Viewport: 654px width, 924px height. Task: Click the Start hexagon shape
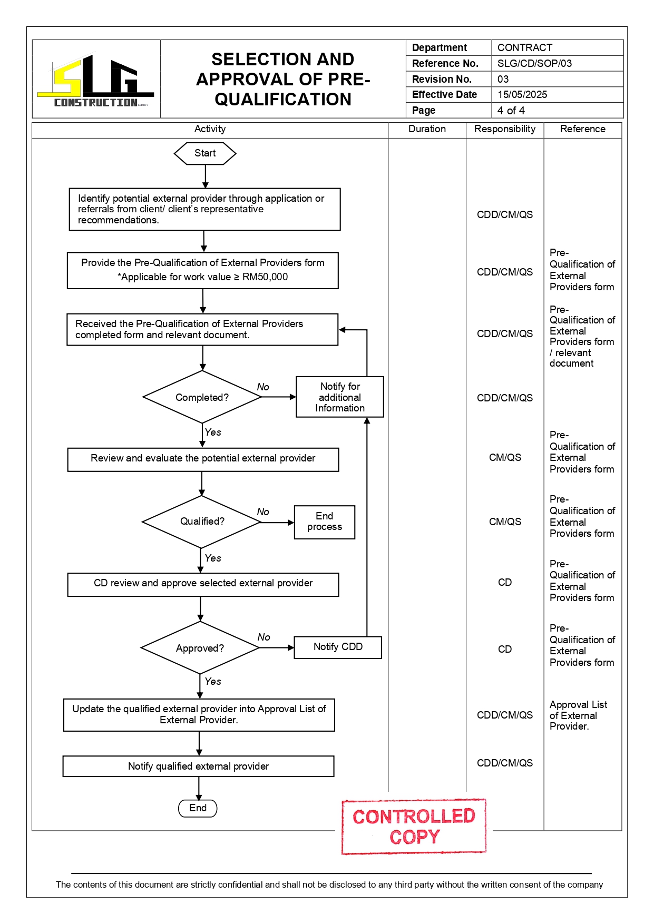coord(204,153)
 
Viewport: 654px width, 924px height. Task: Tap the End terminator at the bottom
coord(198,808)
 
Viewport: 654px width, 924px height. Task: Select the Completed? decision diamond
coord(202,397)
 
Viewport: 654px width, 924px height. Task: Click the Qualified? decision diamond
coord(202,522)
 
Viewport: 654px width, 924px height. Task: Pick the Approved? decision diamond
coord(200,648)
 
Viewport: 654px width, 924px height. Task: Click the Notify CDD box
coord(338,647)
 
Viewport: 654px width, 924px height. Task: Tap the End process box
coord(325,522)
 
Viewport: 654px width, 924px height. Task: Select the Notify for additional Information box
coord(340,397)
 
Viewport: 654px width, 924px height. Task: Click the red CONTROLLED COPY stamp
coord(414,826)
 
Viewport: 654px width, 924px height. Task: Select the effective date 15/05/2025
coord(522,94)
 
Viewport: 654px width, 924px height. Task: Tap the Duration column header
coord(427,129)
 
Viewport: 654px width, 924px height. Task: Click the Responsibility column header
coord(505,129)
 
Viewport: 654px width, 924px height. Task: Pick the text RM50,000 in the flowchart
coord(265,277)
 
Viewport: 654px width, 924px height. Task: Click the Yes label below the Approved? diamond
coord(213,681)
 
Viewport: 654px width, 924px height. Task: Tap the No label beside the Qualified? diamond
coord(263,512)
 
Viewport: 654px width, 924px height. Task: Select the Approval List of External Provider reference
coord(578,715)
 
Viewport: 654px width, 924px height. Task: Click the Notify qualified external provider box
coord(198,766)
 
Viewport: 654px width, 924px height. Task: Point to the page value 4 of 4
coord(511,110)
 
